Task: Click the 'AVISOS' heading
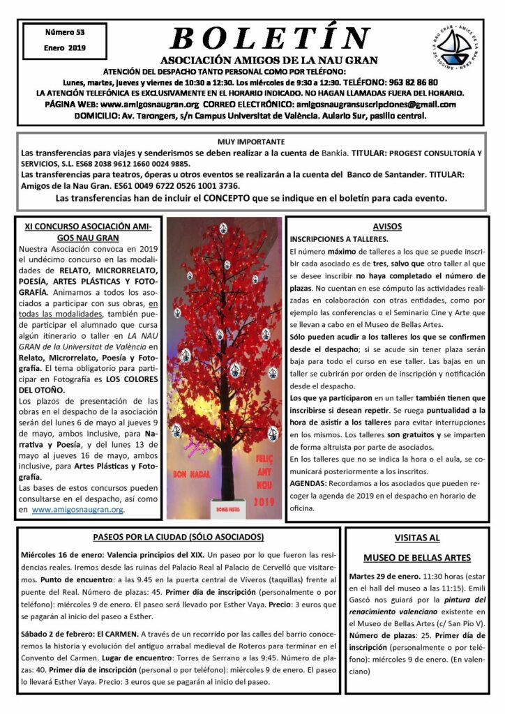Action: [388, 227]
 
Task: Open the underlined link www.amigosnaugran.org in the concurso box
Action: [77, 510]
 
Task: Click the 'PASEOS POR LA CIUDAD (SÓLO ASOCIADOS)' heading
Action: [179, 537]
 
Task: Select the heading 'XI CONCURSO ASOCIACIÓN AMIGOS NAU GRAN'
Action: [87, 232]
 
